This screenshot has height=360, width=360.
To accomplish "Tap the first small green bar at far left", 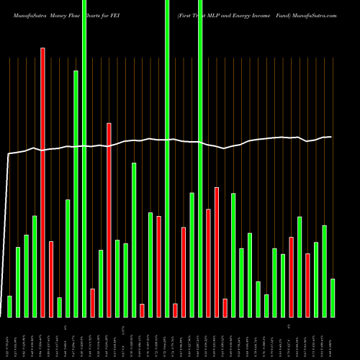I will point(9,306).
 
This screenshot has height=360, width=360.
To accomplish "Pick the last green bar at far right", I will point(333,297).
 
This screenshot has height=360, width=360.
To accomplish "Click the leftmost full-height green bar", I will point(84,158).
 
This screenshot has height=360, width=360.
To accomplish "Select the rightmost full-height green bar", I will point(200,158).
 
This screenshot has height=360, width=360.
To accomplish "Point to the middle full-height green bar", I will point(167,158).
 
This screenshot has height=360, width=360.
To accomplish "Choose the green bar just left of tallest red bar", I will point(35,266).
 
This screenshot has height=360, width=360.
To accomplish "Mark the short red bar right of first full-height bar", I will point(92,302).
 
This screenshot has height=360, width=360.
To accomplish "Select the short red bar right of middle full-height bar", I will point(175,310).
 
